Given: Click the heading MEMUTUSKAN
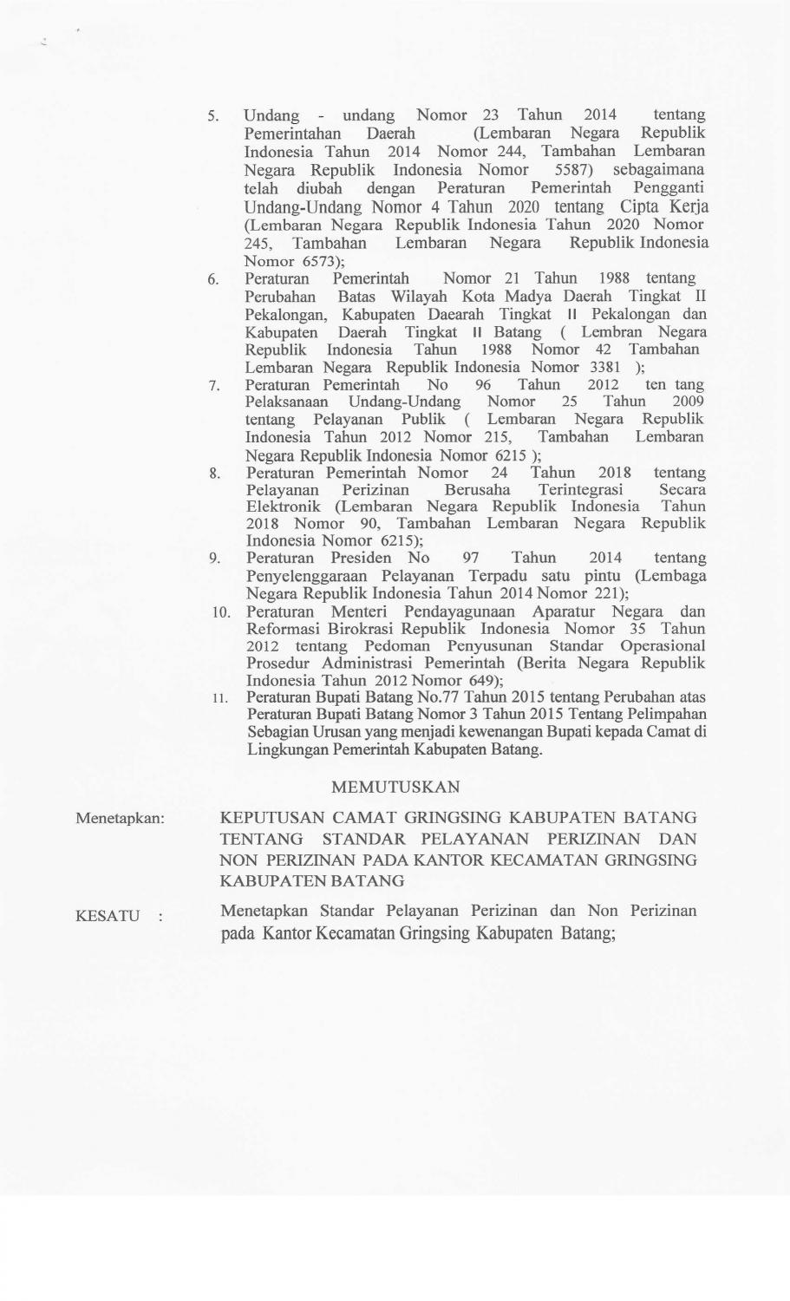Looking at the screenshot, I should pyautogui.click(x=395, y=787).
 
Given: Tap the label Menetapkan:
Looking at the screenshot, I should pyautogui.click(x=121, y=818).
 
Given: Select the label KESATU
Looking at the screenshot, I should pyautogui.click(x=108, y=916).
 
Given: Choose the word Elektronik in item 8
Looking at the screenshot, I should pyautogui.click(x=284, y=507).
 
